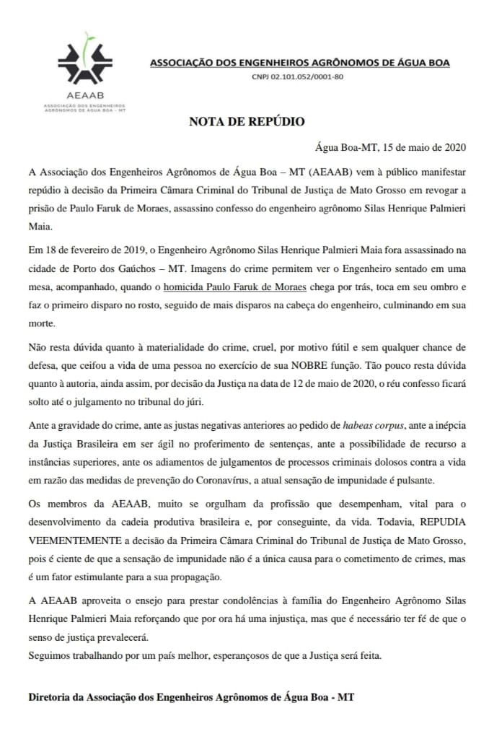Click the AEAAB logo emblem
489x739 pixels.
click(84, 61)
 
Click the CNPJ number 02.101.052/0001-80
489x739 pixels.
click(298, 76)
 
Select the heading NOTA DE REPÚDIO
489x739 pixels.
click(247, 121)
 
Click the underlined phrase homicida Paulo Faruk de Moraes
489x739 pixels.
click(226, 286)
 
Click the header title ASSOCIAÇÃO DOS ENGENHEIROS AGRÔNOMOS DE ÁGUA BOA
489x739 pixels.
click(299, 63)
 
